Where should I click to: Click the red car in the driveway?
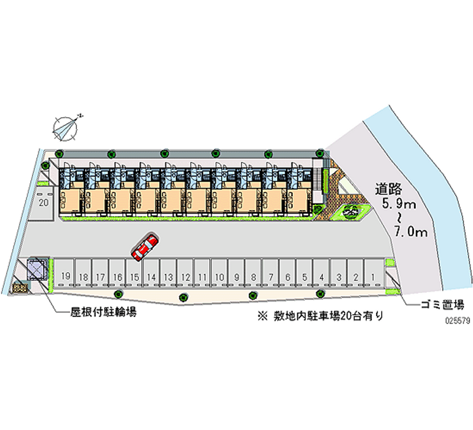145,247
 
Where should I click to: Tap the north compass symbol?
66,128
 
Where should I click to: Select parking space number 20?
44,202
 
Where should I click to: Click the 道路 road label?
388,189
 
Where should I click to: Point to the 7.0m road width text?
411,232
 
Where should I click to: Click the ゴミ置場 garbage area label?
442,305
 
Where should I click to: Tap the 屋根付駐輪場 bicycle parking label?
103,312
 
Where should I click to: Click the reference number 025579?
458,321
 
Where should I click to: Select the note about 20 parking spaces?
320,316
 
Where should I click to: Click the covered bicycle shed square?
37,269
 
